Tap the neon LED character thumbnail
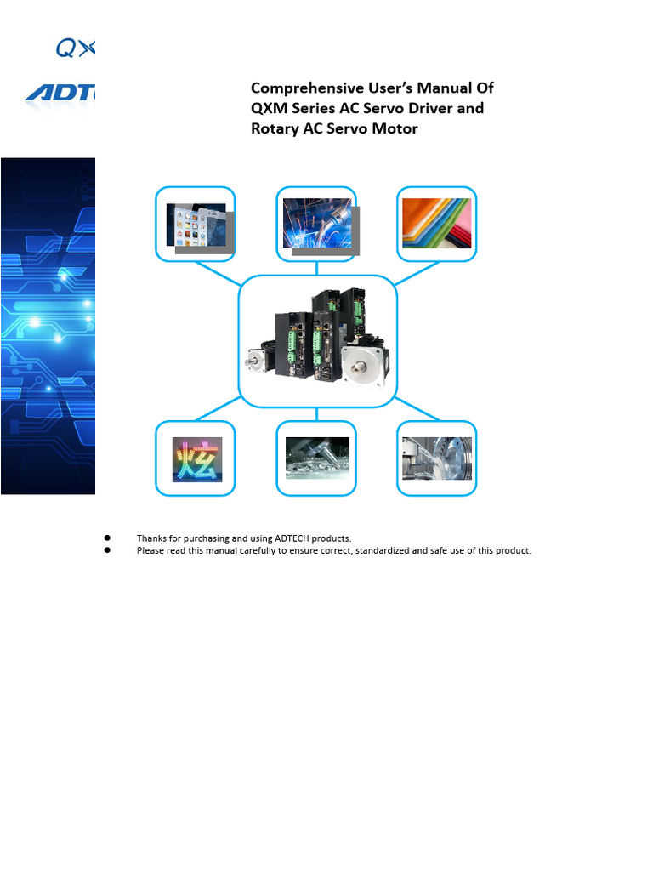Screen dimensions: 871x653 point(196,459)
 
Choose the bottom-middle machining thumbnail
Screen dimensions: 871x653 point(317,458)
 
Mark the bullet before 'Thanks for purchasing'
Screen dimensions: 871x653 point(108,538)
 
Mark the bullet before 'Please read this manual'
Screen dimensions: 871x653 point(108,550)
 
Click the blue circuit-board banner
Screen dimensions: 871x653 point(48,327)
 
